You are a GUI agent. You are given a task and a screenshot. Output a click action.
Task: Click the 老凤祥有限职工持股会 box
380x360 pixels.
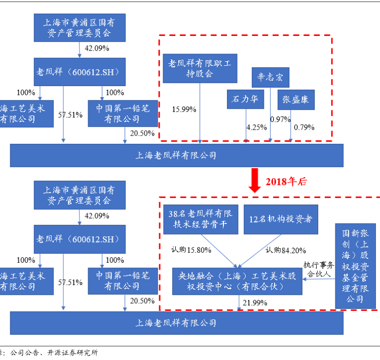tap(200, 68)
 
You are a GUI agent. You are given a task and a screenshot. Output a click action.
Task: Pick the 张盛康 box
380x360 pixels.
tap(296, 99)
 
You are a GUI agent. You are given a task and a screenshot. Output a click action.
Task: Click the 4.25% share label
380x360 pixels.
tap(256, 127)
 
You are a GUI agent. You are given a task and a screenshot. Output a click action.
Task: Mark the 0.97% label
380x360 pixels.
tap(280, 119)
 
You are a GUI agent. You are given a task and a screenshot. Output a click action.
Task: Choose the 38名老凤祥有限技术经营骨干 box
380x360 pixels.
tap(200, 219)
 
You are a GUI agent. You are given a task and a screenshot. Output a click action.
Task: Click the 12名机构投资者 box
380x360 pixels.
tap(280, 219)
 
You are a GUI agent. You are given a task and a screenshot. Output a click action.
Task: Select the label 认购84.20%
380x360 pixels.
tap(286, 250)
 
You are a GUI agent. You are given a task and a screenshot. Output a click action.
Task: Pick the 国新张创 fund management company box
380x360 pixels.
tap(355, 266)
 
